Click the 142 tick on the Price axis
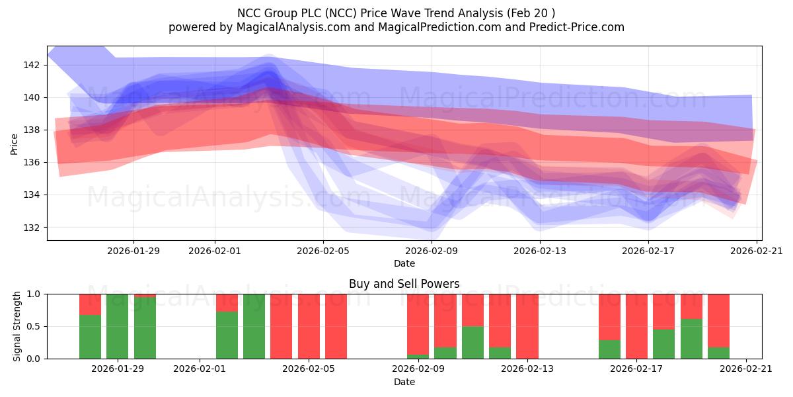[32, 65]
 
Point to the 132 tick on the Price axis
[32, 227]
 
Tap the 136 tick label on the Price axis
[32, 162]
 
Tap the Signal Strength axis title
[17, 326]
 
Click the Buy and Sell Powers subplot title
[404, 284]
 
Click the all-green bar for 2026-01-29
[117, 326]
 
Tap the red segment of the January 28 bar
[90, 304]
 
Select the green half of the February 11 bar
[472, 342]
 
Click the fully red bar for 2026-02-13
[527, 326]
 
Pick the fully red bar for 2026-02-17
[636, 326]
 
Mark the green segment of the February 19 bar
[691, 339]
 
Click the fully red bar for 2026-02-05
[309, 326]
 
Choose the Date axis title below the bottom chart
[404, 382]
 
